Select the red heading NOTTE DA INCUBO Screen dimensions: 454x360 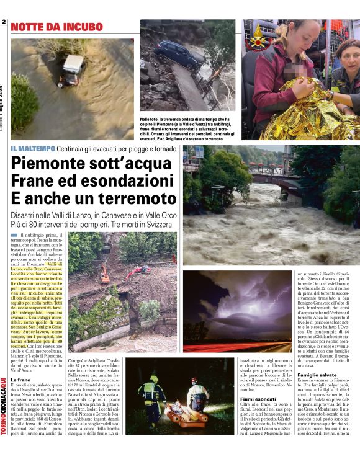(x=56, y=27)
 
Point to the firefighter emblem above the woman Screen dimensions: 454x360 (x=257, y=37)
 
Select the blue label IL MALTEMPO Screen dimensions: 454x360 (x=32, y=149)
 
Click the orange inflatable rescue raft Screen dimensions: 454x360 (x=186, y=415)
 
